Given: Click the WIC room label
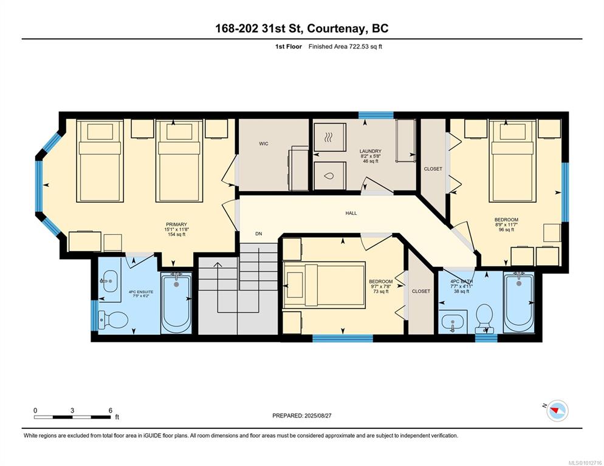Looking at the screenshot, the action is (x=264, y=144).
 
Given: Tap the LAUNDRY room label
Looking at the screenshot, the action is (x=371, y=151).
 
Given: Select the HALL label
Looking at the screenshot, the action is (x=351, y=213).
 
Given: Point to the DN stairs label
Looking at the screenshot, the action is (x=259, y=234).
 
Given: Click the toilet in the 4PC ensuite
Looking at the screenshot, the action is (x=113, y=320).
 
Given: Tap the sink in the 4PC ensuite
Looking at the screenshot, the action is (x=110, y=280).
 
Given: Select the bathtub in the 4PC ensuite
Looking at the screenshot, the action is (x=176, y=302).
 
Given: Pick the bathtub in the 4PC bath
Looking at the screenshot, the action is (x=519, y=302).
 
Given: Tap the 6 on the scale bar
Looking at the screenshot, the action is (x=110, y=410).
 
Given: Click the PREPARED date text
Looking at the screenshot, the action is (x=301, y=416).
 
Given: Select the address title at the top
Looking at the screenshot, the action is (x=301, y=29).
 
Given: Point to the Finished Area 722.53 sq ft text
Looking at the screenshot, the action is (x=345, y=47).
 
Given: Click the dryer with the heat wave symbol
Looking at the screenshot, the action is (x=330, y=137).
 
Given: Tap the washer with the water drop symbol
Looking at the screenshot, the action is (x=330, y=176).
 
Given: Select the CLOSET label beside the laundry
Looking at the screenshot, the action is (x=433, y=169).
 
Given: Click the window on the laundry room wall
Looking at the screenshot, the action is (x=376, y=115).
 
